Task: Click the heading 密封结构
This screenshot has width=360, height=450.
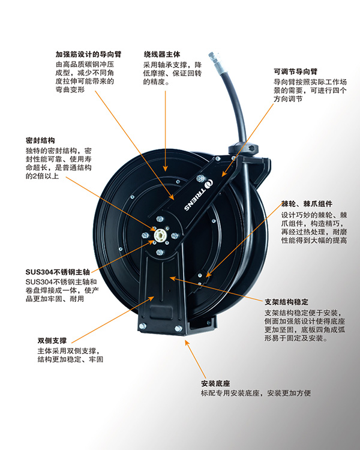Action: click(x=40, y=140)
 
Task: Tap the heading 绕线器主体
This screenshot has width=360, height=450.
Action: click(x=162, y=54)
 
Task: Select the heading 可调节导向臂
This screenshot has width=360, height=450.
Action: click(x=295, y=71)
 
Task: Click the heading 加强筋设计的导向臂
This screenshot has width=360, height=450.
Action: click(x=88, y=54)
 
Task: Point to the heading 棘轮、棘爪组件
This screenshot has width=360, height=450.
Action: click(x=307, y=204)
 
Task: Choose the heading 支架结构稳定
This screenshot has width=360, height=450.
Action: click(x=287, y=302)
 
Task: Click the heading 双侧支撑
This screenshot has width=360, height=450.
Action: click(x=52, y=341)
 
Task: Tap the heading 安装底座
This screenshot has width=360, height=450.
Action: click(x=215, y=383)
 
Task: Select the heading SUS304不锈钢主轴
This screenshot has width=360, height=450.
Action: click(x=58, y=272)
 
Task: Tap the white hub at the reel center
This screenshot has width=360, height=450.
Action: click(x=160, y=236)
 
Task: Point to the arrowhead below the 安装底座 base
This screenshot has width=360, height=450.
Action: click(x=187, y=343)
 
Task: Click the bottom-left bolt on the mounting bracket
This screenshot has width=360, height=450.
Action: click(x=142, y=326)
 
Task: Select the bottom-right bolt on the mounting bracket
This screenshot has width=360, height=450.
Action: click(x=178, y=329)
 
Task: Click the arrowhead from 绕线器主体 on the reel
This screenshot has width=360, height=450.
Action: click(x=166, y=168)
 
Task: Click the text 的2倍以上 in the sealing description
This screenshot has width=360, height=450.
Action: click(x=42, y=176)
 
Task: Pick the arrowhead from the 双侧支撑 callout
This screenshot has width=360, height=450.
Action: click(x=151, y=299)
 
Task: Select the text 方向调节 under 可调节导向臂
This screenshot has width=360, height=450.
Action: click(x=288, y=99)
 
